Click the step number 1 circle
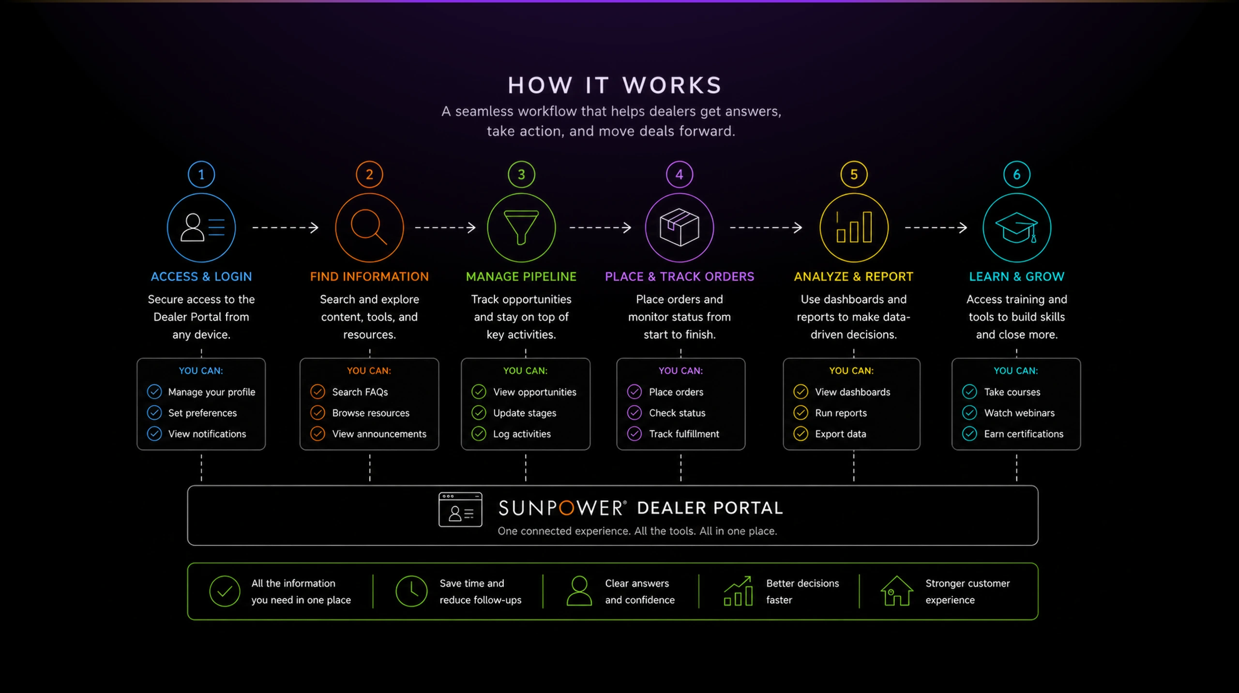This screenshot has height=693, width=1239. click(201, 174)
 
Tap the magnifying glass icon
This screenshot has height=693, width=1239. click(369, 227)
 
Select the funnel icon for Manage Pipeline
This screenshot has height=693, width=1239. click(521, 227)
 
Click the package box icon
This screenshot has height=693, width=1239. click(680, 227)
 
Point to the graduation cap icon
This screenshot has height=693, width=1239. click(1016, 228)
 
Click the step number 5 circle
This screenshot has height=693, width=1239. click(854, 174)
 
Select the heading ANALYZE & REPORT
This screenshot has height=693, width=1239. click(853, 277)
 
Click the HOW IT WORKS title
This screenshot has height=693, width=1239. click(615, 86)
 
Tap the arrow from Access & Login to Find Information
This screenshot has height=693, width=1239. click(286, 227)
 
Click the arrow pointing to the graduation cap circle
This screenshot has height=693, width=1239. click(936, 227)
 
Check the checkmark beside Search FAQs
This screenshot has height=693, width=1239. click(317, 391)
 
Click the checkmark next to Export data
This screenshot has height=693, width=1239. click(801, 433)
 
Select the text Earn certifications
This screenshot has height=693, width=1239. click(1024, 434)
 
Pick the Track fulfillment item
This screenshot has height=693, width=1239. click(684, 434)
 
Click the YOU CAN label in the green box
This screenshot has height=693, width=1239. click(525, 370)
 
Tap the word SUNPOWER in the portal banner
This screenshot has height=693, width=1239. click(562, 508)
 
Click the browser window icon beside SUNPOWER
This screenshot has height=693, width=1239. click(460, 509)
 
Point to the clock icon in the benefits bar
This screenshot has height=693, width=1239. click(411, 591)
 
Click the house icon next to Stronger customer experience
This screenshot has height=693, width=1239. click(896, 590)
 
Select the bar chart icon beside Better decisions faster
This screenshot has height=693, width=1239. click(738, 590)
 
